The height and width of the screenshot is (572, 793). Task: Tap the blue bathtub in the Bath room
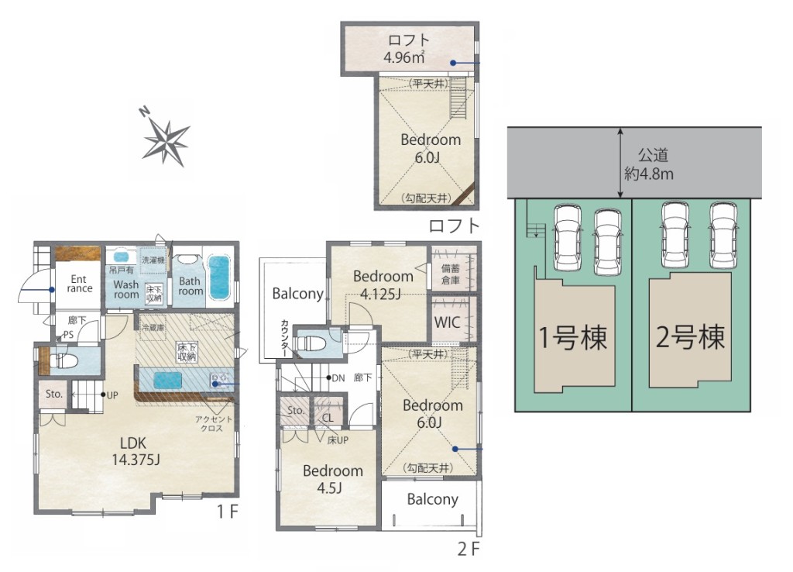tap(219, 277)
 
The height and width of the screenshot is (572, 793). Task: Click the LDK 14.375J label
tap(136, 452)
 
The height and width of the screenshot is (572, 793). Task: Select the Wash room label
tap(126, 290)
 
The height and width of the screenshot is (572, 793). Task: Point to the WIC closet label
tap(447, 322)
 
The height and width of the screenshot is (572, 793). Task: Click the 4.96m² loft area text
tap(403, 57)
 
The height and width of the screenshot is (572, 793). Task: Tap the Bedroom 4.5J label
tap(333, 479)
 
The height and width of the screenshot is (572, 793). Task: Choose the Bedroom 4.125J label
tap(383, 284)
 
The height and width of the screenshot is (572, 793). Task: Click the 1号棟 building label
tap(572, 337)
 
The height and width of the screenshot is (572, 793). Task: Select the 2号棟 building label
tap(690, 336)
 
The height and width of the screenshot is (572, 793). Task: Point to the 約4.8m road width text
tap(649, 174)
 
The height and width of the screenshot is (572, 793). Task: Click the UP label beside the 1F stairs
tap(112, 395)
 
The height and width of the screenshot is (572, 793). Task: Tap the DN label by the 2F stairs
tap(338, 377)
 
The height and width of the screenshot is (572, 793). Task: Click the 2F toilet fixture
tap(309, 343)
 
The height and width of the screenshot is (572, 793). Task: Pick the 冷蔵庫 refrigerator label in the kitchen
tap(153, 328)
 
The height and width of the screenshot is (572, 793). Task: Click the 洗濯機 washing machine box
tap(153, 260)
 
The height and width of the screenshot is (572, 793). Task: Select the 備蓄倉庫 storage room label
tap(450, 274)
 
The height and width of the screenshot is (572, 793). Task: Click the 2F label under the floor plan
tap(469, 549)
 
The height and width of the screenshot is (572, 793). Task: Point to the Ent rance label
tap(80, 284)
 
